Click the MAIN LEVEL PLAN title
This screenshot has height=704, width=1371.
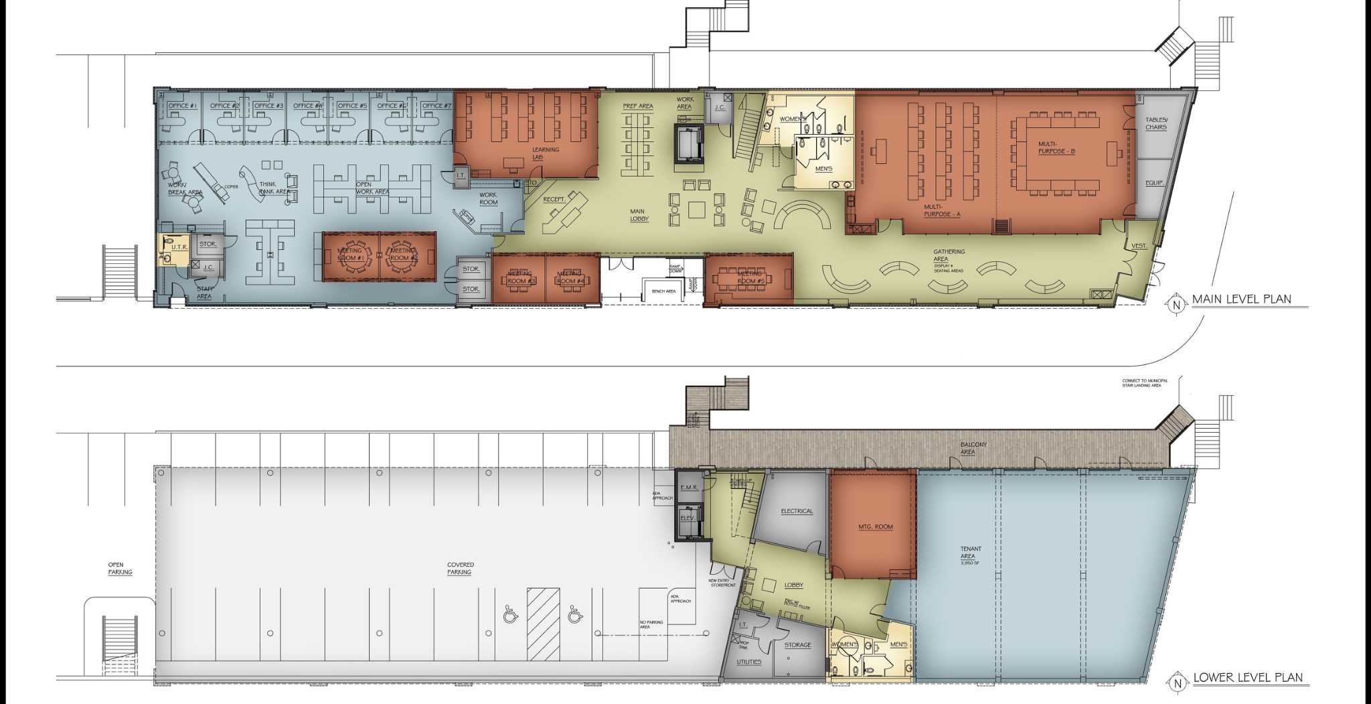pyautogui.click(x=1241, y=299)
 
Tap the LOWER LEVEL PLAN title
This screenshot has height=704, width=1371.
pyautogui.click(x=1248, y=678)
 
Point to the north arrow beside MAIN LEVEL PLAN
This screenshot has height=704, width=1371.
pyautogui.click(x=1176, y=305)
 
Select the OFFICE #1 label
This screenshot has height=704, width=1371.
pyautogui.click(x=182, y=106)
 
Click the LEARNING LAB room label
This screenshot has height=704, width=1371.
pyautogui.click(x=546, y=153)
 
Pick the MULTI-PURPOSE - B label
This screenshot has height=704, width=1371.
pyautogui.click(x=1056, y=147)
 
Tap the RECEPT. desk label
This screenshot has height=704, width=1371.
pyautogui.click(x=554, y=200)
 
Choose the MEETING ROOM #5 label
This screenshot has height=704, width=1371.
pyautogui.click(x=750, y=277)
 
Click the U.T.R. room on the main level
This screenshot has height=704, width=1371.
pyautogui.click(x=179, y=248)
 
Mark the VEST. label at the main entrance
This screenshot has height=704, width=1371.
pyautogui.click(x=1139, y=247)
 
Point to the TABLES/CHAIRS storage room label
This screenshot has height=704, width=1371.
pyautogui.click(x=1155, y=123)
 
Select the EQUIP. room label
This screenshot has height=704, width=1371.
pyautogui.click(x=1154, y=183)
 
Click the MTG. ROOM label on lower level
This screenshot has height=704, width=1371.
pyautogui.click(x=875, y=527)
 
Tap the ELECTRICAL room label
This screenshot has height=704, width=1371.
pyautogui.click(x=797, y=512)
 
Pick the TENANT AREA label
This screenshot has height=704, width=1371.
pyautogui.click(x=971, y=553)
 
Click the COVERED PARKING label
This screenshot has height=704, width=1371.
pyautogui.click(x=460, y=569)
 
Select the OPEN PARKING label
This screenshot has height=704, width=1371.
pyautogui.click(x=120, y=569)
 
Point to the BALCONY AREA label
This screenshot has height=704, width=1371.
pyautogui.click(x=973, y=448)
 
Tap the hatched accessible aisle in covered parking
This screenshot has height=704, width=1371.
pyautogui.click(x=543, y=623)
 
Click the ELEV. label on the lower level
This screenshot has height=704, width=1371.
pyautogui.click(x=688, y=518)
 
